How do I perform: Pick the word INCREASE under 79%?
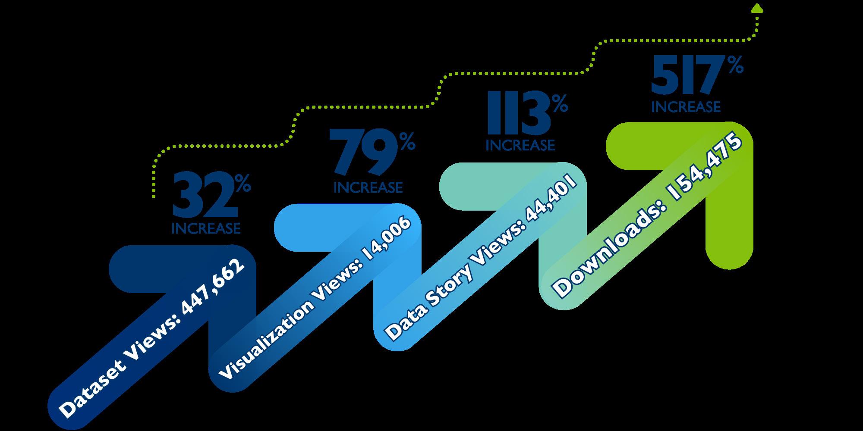tap(368, 187)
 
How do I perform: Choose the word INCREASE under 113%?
tap(520, 145)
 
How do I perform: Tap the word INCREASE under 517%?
tap(686, 106)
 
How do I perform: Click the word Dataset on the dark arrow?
tap(91, 390)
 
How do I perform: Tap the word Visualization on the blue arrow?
tap(265, 340)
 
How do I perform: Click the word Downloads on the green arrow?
tap(605, 254)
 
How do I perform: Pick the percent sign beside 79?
tap(407, 142)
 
